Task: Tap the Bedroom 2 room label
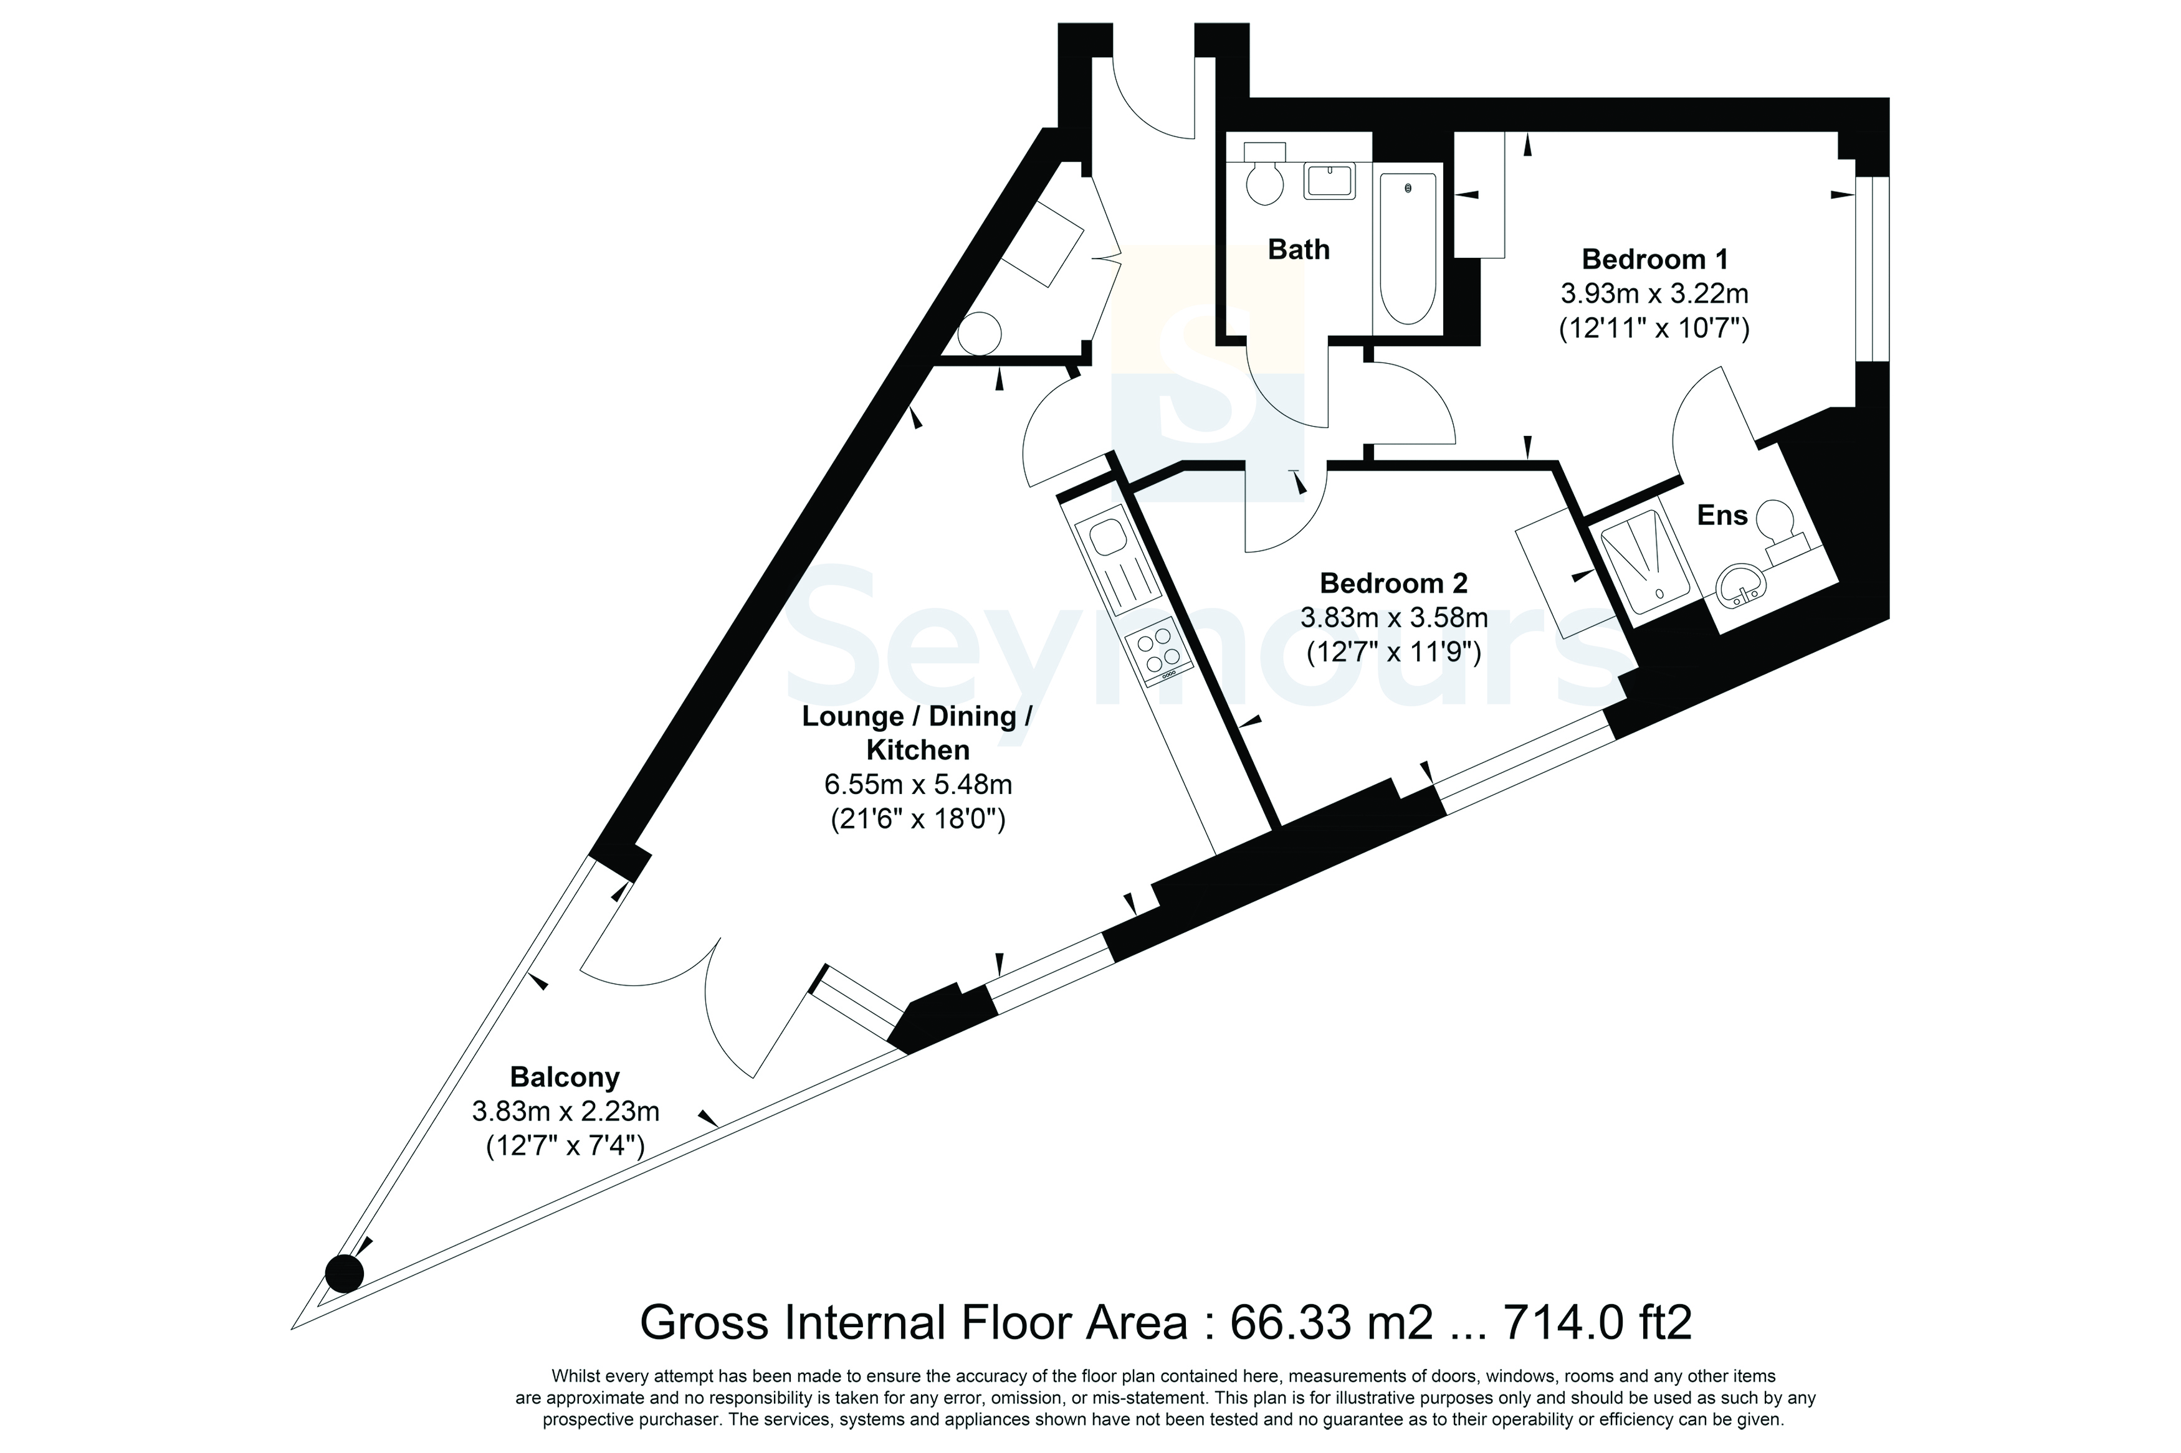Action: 1393,583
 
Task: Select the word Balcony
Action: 565,1077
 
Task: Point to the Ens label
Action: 1721,515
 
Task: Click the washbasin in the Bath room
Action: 1330,181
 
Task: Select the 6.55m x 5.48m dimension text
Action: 918,785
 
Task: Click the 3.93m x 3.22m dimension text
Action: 1654,294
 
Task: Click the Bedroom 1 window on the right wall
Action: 1871,268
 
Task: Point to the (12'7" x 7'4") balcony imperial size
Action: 565,1147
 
